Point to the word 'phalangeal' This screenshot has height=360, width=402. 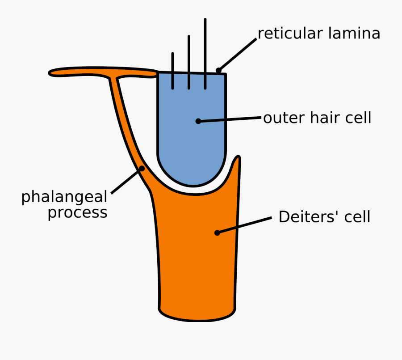coord(64,197)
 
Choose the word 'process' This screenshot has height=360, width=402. coord(77,212)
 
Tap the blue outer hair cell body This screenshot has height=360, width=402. coord(179,134)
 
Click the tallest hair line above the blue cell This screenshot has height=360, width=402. coord(205,45)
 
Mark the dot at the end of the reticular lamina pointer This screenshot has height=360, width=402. coord(218,70)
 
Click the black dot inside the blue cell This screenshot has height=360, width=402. coord(198,121)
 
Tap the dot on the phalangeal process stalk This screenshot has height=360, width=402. coord(142,169)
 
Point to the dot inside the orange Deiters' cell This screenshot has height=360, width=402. coord(217,233)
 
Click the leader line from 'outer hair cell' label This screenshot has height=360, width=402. coord(230,119)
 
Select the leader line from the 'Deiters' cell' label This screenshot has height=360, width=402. coord(245,225)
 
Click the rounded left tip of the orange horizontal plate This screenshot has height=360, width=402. coord(52,72)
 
